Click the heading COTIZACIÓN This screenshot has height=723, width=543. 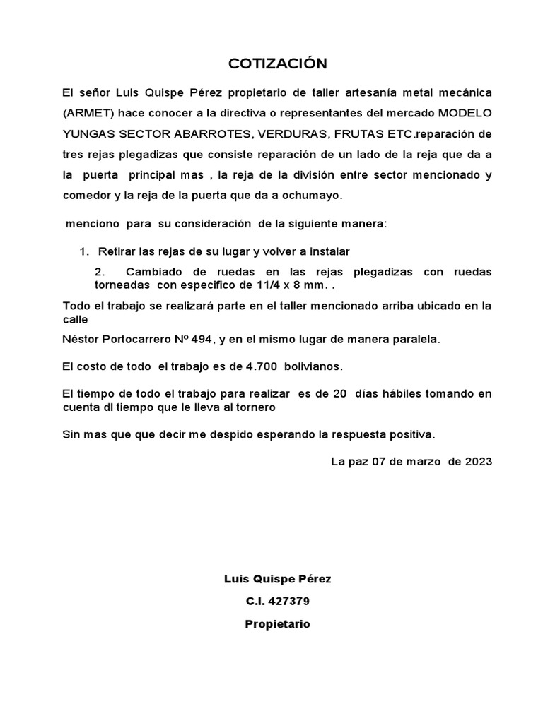coord(278,64)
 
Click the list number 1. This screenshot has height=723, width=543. coord(83,251)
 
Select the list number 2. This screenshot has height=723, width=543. coord(99,272)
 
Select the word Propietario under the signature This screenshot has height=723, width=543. coord(277,624)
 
